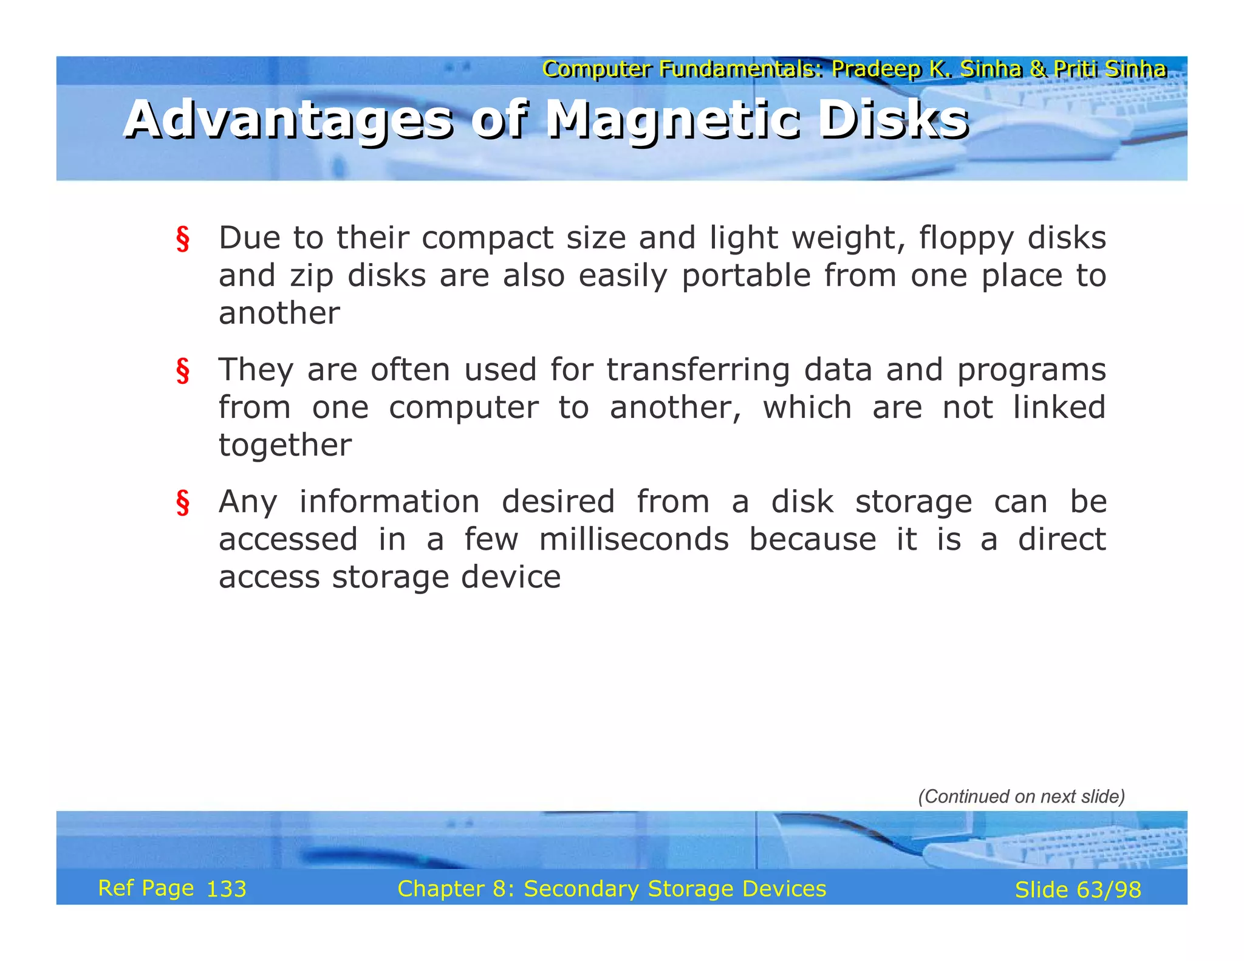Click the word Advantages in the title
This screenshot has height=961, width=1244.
[x=288, y=120]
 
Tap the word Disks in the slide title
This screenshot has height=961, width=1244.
[x=892, y=120]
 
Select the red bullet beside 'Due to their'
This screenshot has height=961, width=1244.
[x=182, y=239]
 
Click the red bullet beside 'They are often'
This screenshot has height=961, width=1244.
[x=182, y=371]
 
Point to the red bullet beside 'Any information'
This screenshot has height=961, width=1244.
[x=182, y=503]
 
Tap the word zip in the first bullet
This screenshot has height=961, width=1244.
[x=311, y=276]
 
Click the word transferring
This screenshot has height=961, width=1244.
[x=698, y=370]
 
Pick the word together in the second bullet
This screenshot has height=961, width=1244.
[x=285, y=445]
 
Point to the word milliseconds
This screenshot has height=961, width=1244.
[x=634, y=539]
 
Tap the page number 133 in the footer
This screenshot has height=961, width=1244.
[x=226, y=889]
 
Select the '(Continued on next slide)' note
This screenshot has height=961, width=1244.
[x=1021, y=796]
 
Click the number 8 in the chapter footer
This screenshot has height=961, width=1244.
[x=499, y=889]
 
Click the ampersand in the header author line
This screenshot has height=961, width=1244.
[x=1038, y=69]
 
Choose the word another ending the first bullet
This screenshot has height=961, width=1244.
[x=279, y=313]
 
